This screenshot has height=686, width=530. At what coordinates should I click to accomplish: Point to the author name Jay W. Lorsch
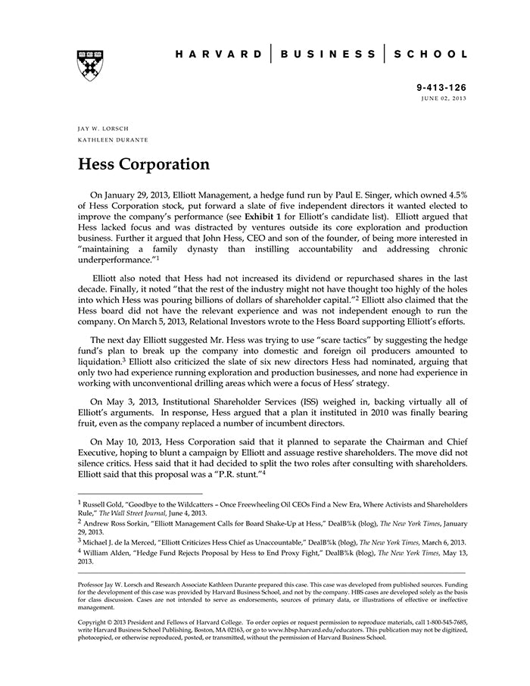103,129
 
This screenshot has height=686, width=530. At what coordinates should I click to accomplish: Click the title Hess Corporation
144,164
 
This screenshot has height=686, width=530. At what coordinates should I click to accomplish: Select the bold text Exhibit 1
306,217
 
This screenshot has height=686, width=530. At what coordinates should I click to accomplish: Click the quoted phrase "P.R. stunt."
235,472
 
